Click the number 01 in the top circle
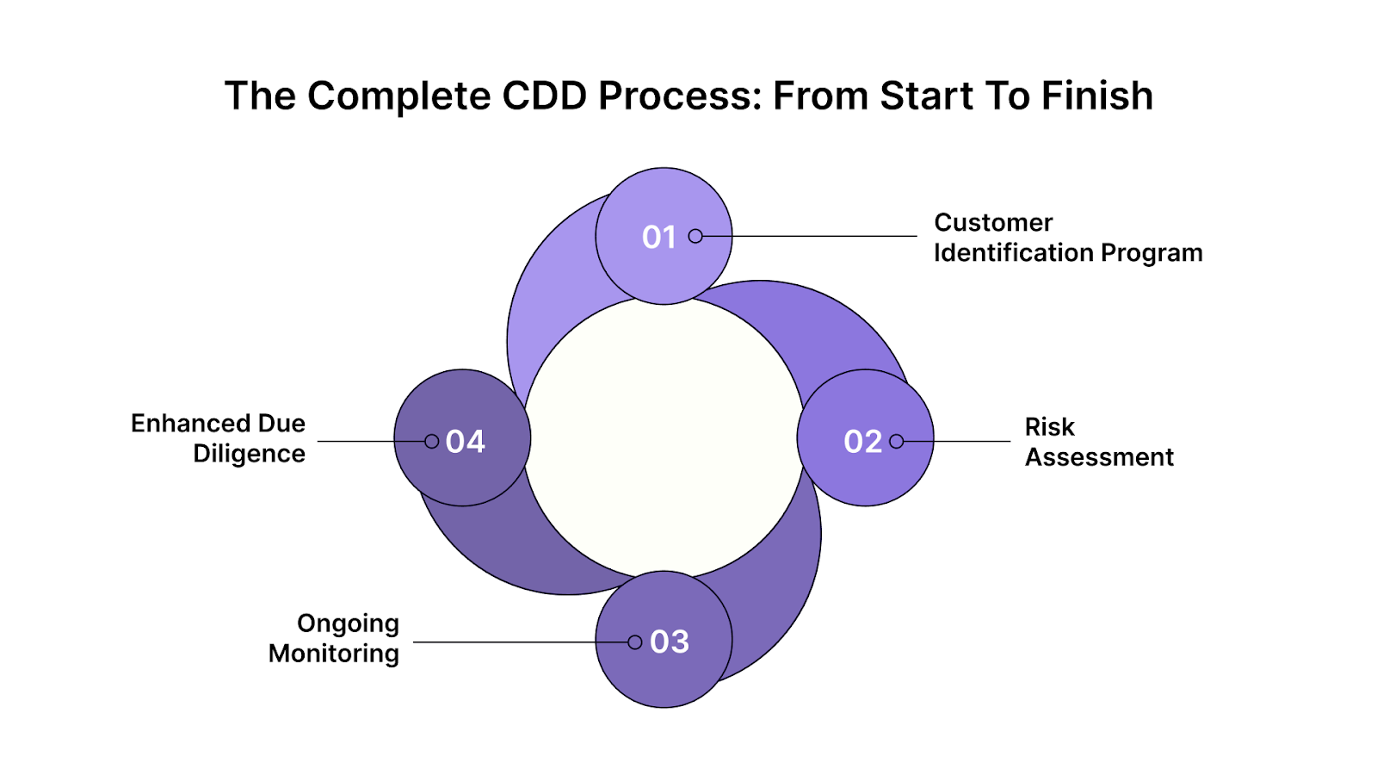[x=658, y=237]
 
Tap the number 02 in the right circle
[x=862, y=442]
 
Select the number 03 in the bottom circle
[x=670, y=642]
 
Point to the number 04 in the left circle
[x=466, y=442]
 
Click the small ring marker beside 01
[x=695, y=236]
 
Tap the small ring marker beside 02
[x=897, y=442]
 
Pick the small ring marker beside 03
[x=635, y=642]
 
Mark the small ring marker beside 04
[x=432, y=442]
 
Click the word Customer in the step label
[x=993, y=223]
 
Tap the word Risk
[x=1049, y=427]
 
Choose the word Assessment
[x=1099, y=457]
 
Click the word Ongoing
[x=348, y=623]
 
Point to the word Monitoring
[x=334, y=654]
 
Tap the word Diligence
[x=249, y=454]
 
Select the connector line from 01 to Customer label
[x=809, y=236]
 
